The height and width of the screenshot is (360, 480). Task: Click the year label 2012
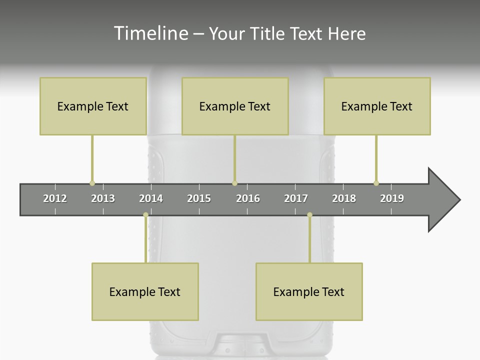tap(55, 198)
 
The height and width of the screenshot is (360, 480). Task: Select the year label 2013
tap(103, 198)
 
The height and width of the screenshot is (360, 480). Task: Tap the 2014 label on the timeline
tap(151, 198)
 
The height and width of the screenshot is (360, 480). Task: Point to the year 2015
tap(199, 198)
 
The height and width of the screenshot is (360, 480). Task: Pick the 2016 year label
tap(248, 198)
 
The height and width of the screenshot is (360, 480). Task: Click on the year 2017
tap(296, 198)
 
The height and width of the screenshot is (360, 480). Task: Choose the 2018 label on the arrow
tap(344, 198)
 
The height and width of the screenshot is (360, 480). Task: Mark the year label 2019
tap(392, 198)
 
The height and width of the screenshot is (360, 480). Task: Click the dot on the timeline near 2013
tap(92, 183)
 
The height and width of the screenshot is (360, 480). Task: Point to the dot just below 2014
tap(145, 215)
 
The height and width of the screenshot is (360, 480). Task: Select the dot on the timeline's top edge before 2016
tap(234, 183)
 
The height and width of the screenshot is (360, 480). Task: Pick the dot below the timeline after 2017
tap(309, 215)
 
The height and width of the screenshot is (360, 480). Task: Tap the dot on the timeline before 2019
tap(376, 183)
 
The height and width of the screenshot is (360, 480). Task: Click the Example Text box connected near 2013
tap(93, 106)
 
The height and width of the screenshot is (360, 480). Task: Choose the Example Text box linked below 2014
tap(145, 291)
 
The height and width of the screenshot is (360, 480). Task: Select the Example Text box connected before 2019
tap(377, 106)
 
